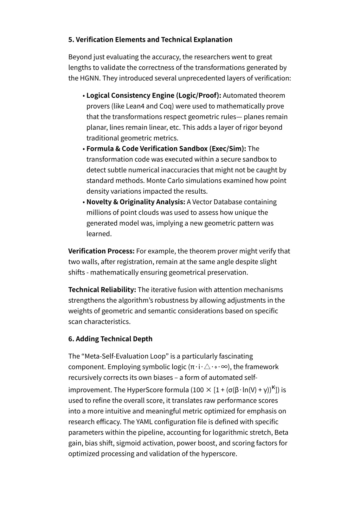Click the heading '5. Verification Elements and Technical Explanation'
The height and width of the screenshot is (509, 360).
tap(150, 39)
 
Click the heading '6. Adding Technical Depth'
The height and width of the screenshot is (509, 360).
tap(110, 339)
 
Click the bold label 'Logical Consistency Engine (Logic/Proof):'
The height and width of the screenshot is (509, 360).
tap(154, 96)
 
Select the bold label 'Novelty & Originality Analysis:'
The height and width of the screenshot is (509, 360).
tap(136, 202)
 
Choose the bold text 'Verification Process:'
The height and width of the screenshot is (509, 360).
tap(101, 251)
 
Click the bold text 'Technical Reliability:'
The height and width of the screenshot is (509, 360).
tap(102, 290)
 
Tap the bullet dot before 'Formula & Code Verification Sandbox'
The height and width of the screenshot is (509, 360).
tap(84, 149)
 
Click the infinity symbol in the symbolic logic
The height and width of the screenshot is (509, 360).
tap(225, 367)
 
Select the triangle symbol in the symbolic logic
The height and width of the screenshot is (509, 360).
tap(207, 367)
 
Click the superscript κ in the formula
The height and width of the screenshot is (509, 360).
tap(274, 387)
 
